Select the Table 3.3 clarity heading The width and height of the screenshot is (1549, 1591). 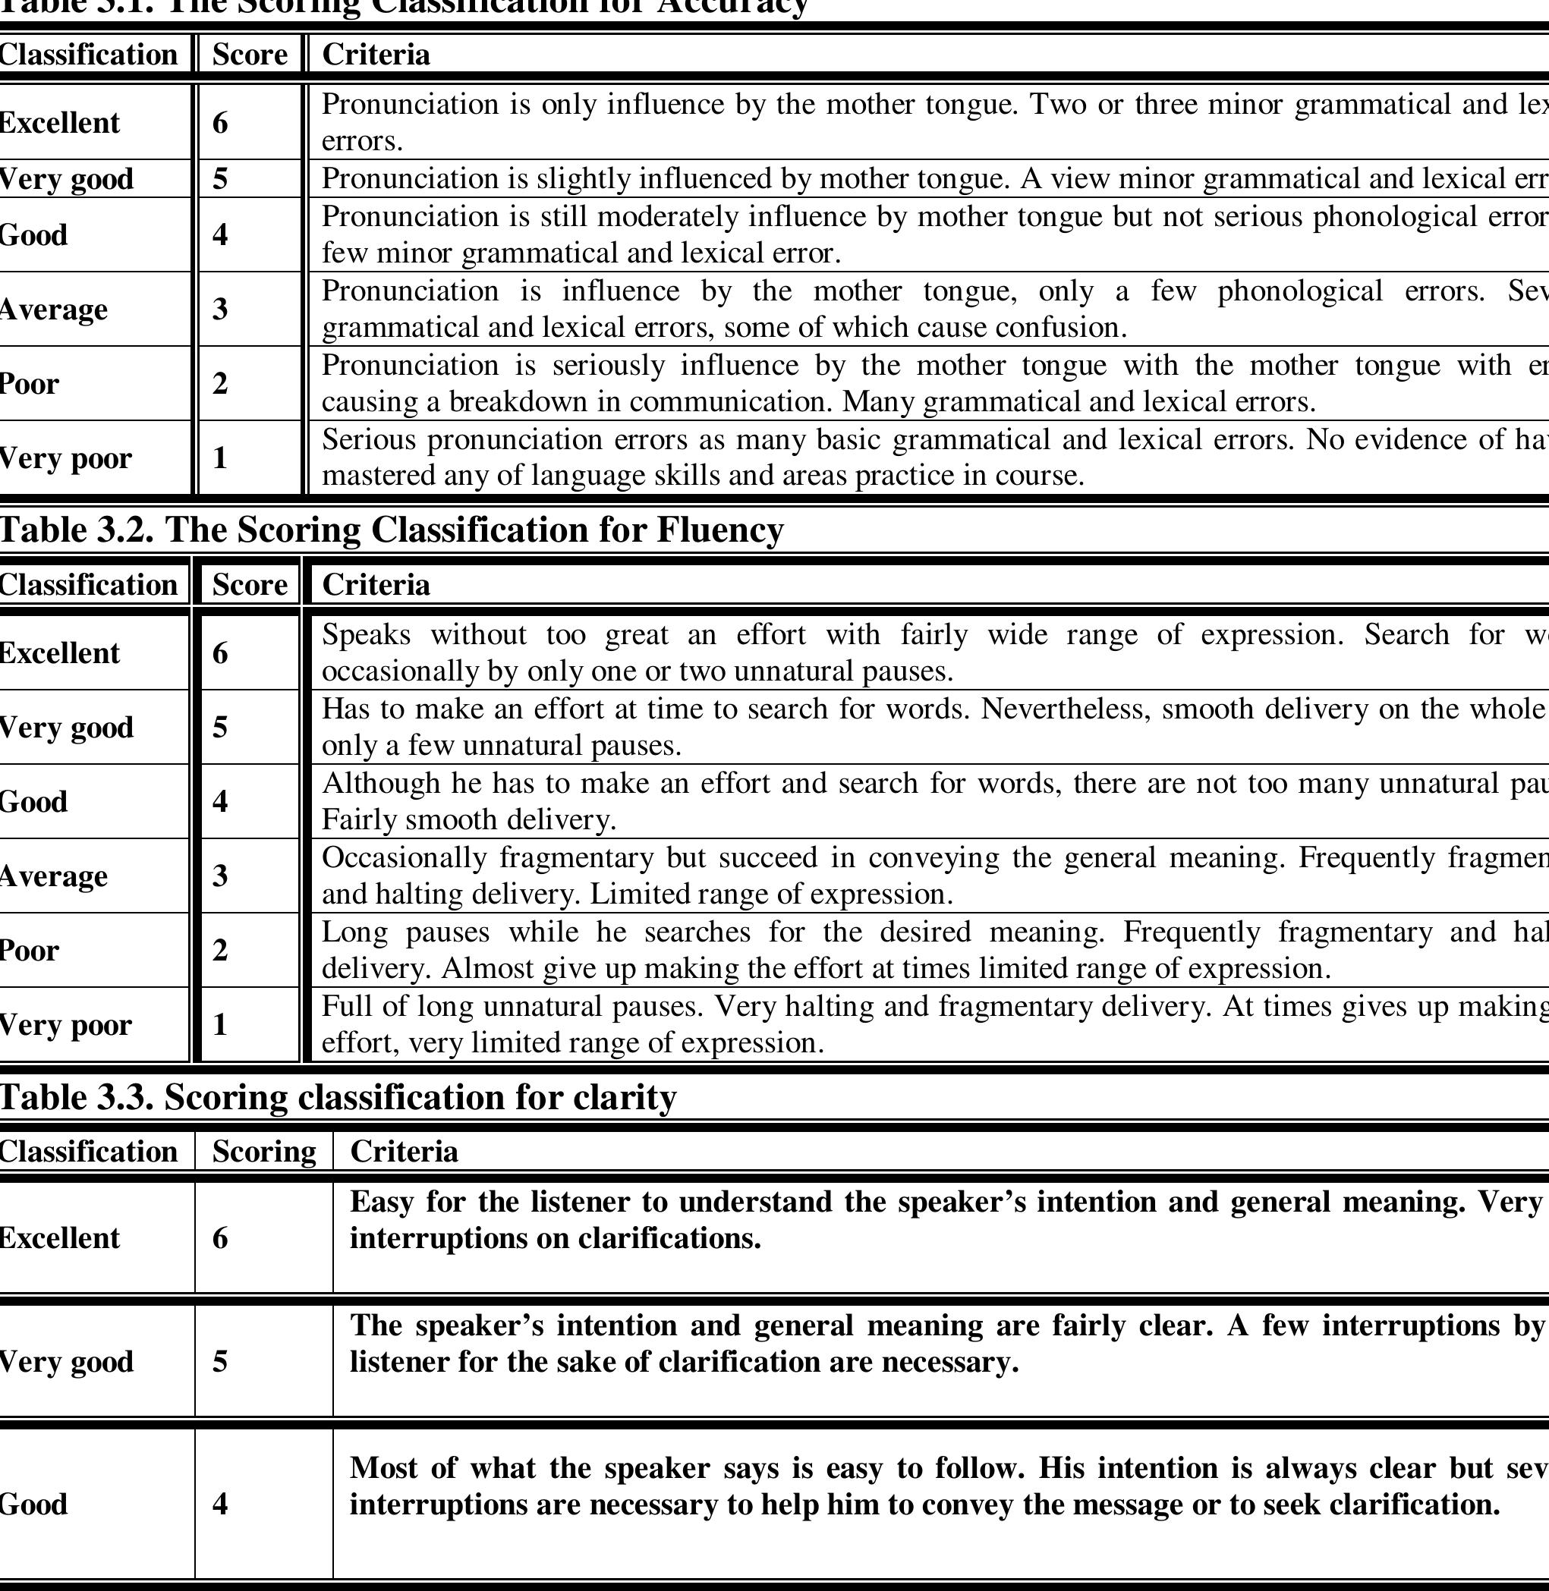[338, 1097]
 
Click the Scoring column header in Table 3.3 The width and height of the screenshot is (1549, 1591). [263, 1152]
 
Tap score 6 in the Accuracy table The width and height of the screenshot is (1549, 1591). [219, 123]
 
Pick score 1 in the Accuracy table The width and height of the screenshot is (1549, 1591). [219, 458]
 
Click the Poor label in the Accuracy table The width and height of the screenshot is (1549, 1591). [30, 383]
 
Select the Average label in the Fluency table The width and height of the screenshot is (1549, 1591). [53, 876]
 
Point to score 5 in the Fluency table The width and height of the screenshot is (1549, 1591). [219, 727]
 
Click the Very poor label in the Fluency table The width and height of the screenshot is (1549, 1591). [65, 1025]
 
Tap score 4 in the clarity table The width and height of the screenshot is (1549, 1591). [219, 1504]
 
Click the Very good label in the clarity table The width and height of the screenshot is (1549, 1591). [65, 1362]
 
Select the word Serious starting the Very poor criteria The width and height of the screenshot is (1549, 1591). [370, 440]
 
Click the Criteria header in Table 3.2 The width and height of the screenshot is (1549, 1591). [376, 585]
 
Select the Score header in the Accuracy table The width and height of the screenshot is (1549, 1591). [249, 55]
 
